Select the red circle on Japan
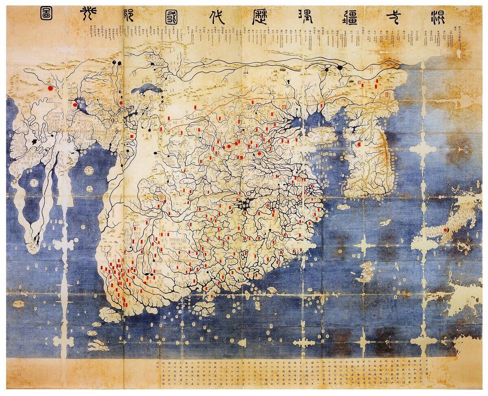pos(446,230)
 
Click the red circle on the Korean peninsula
pos(359,144)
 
